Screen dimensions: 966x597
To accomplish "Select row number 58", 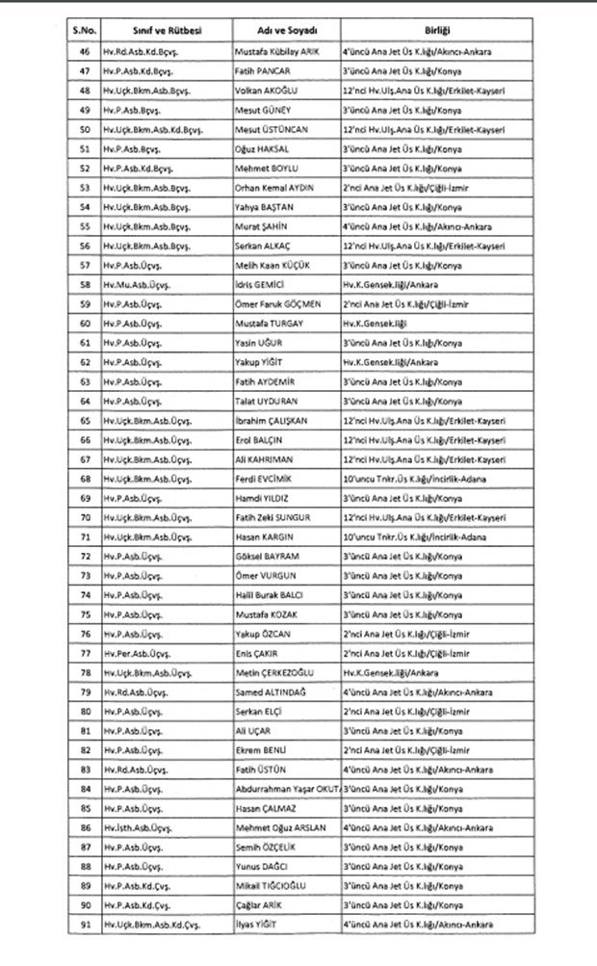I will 85,286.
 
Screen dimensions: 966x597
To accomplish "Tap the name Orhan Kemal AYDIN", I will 273,187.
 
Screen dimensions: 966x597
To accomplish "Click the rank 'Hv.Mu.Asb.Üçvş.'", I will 142,286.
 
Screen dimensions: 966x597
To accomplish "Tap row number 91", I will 85,925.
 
